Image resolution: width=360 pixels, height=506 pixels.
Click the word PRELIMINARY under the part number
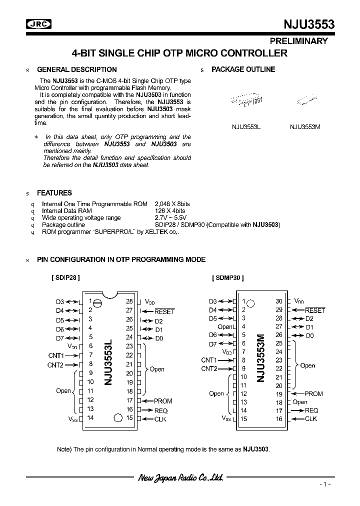click(299, 41)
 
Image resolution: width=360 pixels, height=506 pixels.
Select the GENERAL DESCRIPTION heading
click(77, 69)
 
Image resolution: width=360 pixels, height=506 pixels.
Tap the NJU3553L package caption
click(246, 126)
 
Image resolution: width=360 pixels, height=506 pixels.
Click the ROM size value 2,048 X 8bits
click(172, 204)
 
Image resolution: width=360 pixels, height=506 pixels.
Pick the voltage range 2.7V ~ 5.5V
click(169, 218)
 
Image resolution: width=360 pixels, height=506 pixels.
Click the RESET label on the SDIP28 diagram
click(164, 311)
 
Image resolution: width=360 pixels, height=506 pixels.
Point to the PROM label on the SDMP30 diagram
click(313, 393)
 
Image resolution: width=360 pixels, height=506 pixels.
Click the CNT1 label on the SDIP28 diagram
click(55, 355)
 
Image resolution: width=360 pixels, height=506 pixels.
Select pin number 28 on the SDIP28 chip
click(129, 301)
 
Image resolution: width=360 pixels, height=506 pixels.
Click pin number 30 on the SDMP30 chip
click(279, 301)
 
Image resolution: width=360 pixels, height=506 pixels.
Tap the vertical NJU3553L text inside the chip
click(109, 361)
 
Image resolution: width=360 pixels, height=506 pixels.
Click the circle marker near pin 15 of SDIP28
click(117, 418)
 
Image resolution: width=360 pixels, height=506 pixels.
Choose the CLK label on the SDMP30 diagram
click(311, 419)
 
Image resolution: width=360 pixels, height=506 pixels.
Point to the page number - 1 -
click(325, 485)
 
